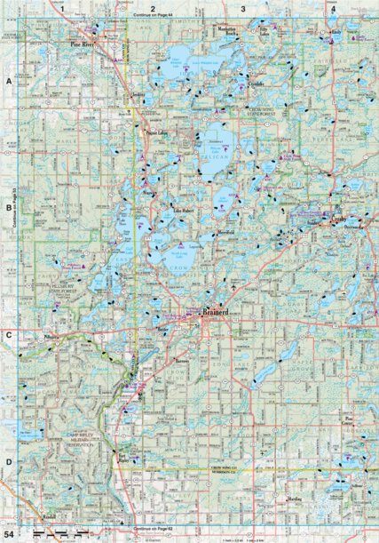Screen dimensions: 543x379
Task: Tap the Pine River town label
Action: [84, 42]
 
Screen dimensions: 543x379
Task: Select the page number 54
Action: [11, 532]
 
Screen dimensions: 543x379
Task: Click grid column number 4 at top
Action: [332, 8]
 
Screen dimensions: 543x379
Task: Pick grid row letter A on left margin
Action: [9, 81]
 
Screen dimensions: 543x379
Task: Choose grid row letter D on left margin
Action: [9, 462]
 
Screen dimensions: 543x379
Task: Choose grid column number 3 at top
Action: [242, 8]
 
